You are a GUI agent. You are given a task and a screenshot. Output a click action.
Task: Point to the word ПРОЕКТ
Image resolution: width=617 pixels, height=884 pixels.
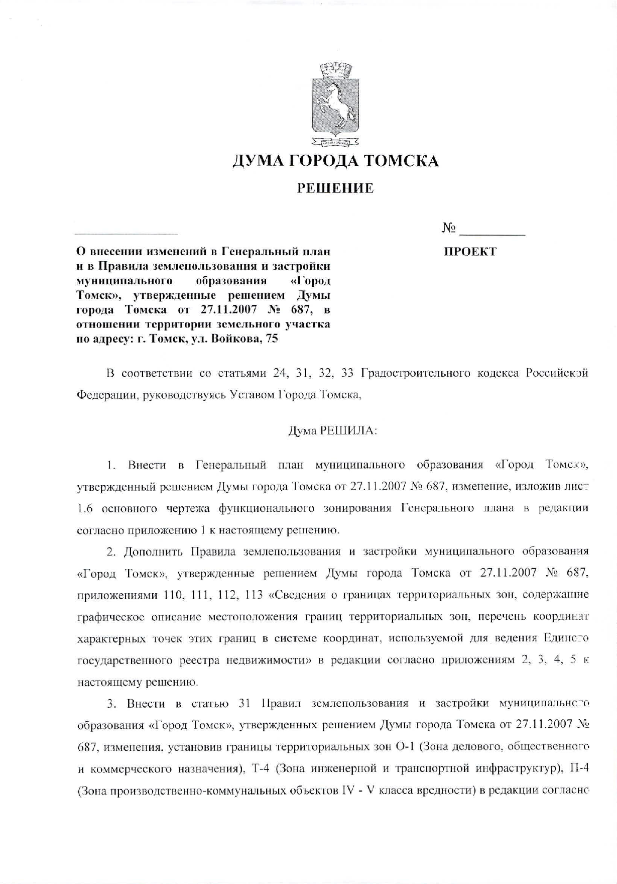(470, 252)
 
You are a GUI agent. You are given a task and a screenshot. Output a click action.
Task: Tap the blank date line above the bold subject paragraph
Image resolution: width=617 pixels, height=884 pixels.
(126, 234)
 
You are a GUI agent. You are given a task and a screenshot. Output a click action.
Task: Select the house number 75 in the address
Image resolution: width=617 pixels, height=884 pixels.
(272, 339)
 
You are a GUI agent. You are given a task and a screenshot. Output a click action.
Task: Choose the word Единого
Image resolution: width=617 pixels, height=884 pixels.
(565, 638)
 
